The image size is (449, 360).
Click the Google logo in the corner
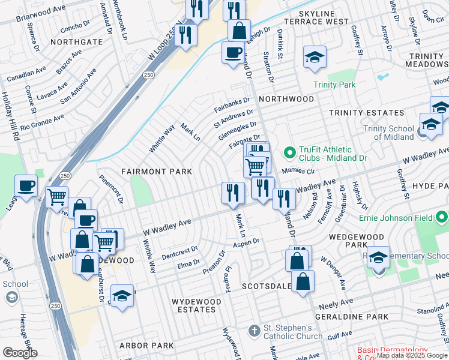(x=20, y=353)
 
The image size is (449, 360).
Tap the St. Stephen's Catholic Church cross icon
(x=255, y=332)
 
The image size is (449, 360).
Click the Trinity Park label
(x=335, y=85)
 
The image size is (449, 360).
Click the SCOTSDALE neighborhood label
(x=267, y=287)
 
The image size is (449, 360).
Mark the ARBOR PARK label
(x=146, y=346)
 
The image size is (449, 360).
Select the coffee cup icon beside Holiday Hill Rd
(x=26, y=186)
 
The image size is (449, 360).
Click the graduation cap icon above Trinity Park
(x=315, y=58)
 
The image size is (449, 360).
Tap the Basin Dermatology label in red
(x=392, y=350)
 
